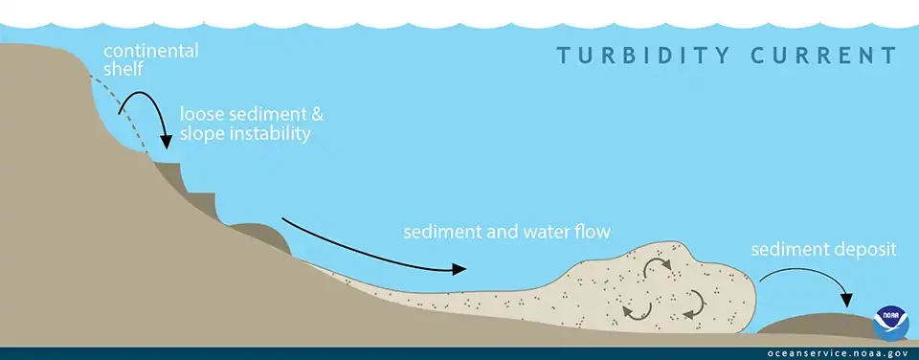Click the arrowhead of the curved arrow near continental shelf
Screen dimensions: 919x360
[x=166, y=143]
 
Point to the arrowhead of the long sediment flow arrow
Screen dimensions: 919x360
[x=460, y=269]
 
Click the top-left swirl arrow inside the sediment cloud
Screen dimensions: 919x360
[x=657, y=269]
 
